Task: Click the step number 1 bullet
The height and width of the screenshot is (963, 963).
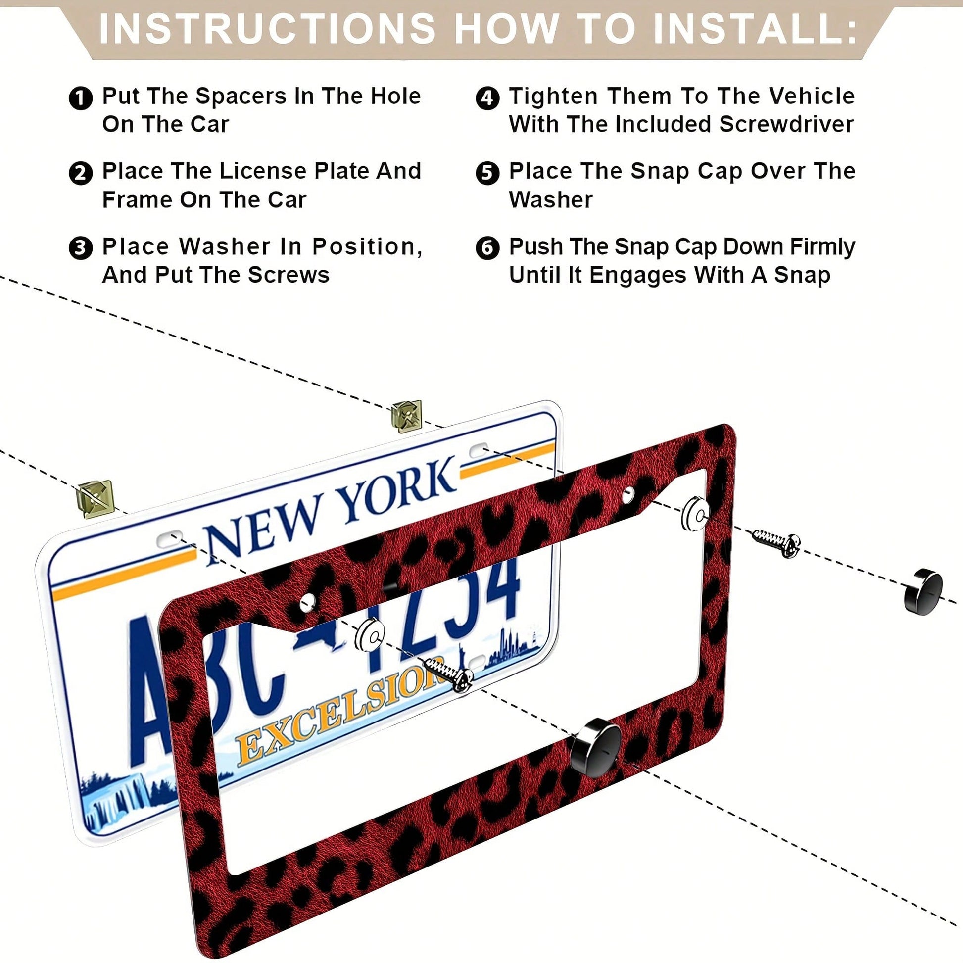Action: pos(80,98)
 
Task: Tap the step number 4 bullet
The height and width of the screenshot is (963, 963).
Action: pos(487,98)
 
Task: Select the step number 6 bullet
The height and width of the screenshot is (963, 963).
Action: pos(487,248)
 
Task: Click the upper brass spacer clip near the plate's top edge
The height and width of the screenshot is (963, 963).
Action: pos(407,416)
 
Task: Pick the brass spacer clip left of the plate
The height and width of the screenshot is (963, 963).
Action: pos(94,498)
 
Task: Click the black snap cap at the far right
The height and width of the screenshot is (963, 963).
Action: pos(923,591)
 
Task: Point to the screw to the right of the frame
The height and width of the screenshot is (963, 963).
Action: pos(776,543)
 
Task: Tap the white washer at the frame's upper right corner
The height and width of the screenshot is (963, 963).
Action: pos(695,513)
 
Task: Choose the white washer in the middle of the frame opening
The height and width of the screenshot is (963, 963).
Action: pos(370,635)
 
